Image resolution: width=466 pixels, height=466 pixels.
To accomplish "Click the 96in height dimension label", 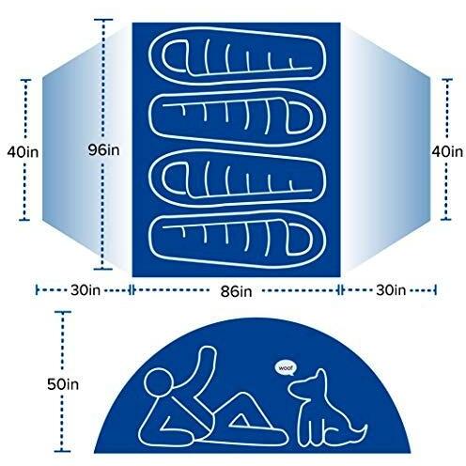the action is pos(103,150).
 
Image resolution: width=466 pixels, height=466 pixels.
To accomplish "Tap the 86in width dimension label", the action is pos(236,292).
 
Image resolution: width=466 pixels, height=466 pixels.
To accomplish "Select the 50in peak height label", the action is pos(63,384).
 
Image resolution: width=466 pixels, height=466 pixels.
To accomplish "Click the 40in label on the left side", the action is pos(23,152).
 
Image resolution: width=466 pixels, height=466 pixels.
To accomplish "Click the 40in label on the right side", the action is pos(447,151).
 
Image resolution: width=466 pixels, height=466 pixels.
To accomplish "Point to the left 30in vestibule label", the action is pos(85,290).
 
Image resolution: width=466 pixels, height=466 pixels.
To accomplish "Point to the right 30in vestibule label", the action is pos(391,290).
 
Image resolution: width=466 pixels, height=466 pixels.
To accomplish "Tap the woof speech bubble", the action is pos(285,368).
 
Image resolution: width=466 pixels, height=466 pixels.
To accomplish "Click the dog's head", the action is pos(308,386).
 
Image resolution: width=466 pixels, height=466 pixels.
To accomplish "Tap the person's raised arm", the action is pos(200,369).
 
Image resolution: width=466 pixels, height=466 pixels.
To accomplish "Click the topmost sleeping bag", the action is pos(237,55).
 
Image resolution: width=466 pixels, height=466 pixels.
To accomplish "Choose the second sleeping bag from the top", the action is pos(237,119).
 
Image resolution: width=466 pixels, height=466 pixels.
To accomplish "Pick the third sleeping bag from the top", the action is pos(237,179).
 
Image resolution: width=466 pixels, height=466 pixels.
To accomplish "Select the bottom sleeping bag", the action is pos(237,241).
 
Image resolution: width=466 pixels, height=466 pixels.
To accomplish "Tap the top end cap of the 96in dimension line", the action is pos(103,20).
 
